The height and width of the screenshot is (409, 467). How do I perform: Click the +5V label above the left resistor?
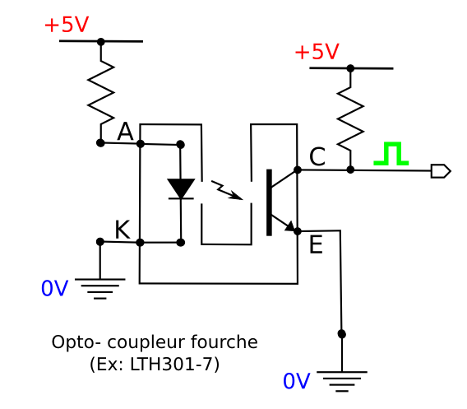[67, 25]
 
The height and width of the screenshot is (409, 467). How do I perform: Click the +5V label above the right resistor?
[317, 52]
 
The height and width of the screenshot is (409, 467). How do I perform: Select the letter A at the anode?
[125, 131]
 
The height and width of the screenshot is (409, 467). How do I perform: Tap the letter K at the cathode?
[123, 230]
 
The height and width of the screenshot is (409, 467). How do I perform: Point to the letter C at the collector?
[317, 156]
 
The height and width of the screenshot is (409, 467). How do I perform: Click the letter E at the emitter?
[316, 244]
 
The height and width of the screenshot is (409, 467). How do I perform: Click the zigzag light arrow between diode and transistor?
[227, 190]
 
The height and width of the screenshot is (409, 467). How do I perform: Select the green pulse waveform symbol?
[391, 154]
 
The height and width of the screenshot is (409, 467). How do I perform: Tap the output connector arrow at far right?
[441, 171]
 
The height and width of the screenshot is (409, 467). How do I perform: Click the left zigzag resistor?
[100, 92]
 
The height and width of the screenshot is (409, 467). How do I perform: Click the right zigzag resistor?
[350, 119]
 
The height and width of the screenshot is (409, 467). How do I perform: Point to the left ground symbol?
[100, 289]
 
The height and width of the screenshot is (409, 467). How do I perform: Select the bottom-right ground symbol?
[342, 381]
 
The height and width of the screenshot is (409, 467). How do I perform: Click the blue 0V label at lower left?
[55, 288]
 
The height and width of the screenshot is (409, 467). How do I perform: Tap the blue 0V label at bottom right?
[297, 381]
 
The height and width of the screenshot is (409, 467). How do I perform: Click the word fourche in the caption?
[224, 342]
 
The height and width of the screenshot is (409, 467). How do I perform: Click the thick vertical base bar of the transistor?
[269, 202]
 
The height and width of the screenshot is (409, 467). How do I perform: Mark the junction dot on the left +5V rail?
[101, 41]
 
